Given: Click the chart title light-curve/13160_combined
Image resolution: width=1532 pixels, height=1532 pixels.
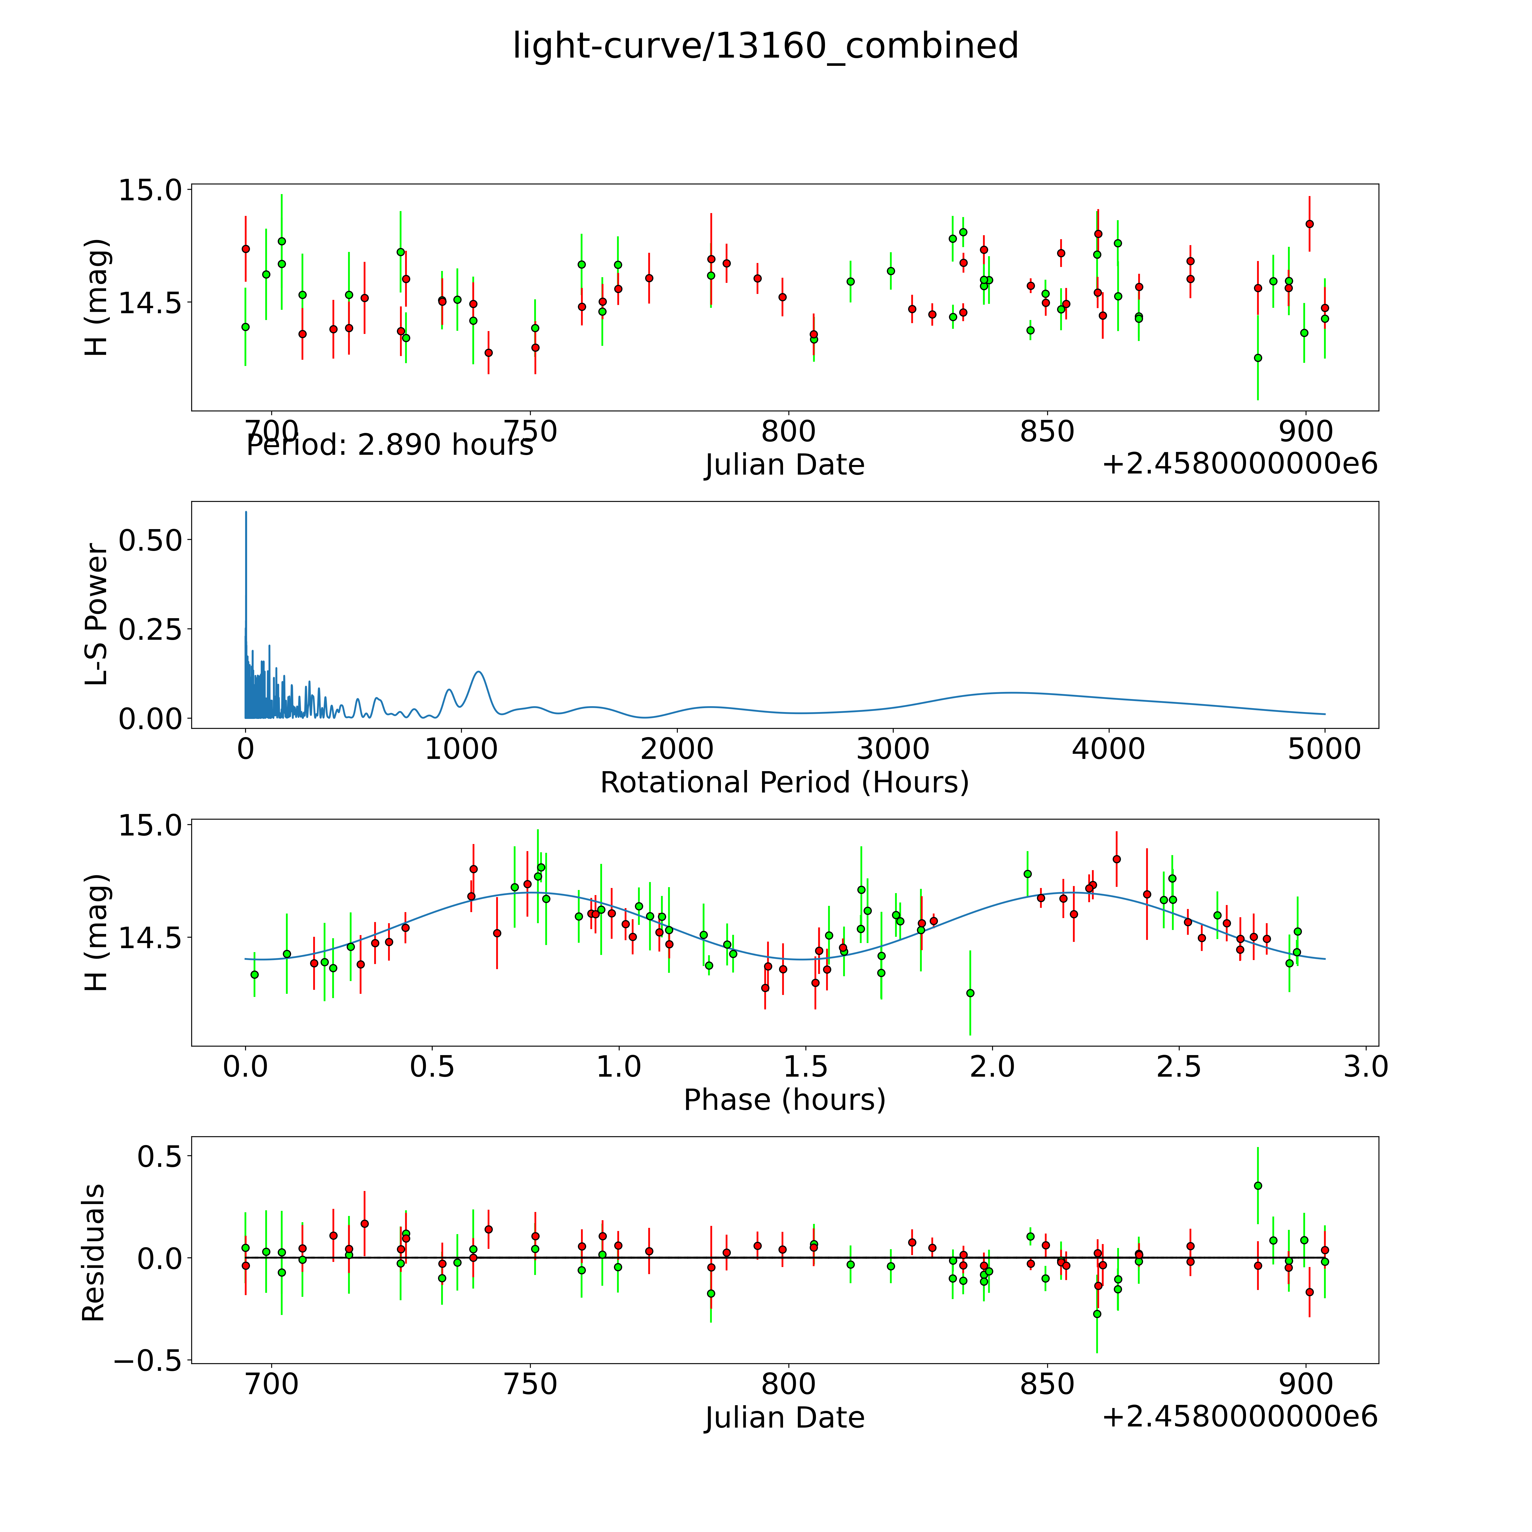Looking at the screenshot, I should pyautogui.click(x=765, y=46).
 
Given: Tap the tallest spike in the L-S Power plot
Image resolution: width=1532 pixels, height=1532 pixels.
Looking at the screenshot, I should pyautogui.click(x=246, y=513).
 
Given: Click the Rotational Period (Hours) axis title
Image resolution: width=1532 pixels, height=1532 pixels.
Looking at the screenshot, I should pyautogui.click(x=784, y=783).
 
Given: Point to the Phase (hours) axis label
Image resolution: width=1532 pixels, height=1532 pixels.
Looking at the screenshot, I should pyautogui.click(x=784, y=1100).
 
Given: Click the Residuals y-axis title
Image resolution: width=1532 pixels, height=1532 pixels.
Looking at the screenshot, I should pyautogui.click(x=94, y=1253).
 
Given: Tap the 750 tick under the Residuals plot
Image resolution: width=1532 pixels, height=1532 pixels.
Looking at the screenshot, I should pyautogui.click(x=531, y=1384).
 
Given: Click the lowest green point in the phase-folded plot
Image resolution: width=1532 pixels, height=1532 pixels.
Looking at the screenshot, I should pyautogui.click(x=970, y=993).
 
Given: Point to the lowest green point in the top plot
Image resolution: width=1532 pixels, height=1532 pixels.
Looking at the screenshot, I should pyautogui.click(x=1258, y=358).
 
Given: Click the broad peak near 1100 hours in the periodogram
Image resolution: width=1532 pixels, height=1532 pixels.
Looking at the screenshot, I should pyautogui.click(x=478, y=672).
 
